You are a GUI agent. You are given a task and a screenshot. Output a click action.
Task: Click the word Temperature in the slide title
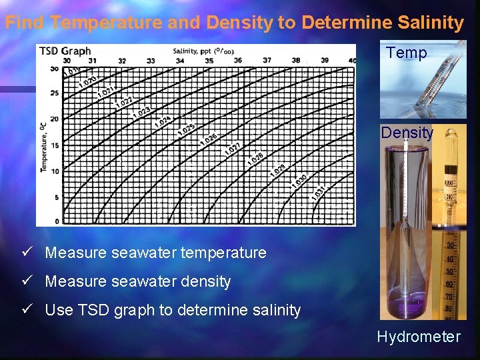105,23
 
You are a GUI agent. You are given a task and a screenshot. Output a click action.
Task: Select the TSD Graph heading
65,51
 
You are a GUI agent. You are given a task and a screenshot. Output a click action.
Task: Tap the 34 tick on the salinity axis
180,60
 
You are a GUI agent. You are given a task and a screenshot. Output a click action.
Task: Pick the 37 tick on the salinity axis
267,60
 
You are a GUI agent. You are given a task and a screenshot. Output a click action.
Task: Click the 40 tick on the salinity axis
352,60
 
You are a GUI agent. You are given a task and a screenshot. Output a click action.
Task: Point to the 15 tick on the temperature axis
55,145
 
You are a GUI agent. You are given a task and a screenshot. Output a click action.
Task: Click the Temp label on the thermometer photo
406,53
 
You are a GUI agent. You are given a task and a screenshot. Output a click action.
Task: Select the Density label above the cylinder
407,132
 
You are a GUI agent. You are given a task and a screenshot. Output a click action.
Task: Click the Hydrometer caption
418,337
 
